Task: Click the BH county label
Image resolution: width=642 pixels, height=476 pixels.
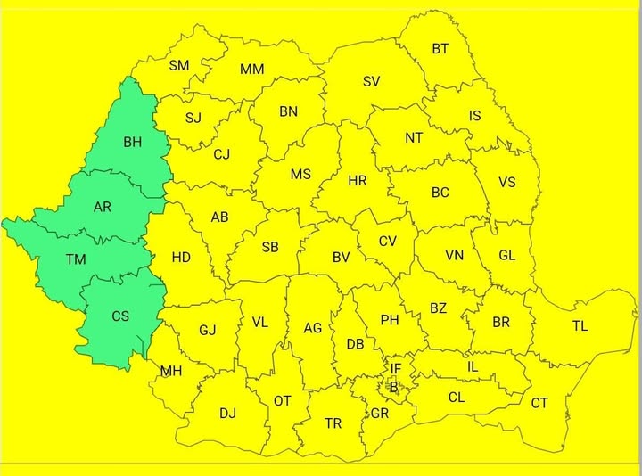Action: pyautogui.click(x=132, y=142)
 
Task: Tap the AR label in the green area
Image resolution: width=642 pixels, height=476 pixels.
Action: pyautogui.click(x=103, y=207)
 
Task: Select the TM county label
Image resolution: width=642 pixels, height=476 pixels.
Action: pyautogui.click(x=76, y=259)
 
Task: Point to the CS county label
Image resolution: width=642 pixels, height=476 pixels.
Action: pyautogui.click(x=120, y=316)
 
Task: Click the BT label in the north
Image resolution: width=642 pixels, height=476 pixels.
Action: pyautogui.click(x=440, y=49)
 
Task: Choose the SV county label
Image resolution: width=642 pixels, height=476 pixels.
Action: pyautogui.click(x=372, y=81)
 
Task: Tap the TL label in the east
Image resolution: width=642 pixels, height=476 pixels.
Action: pyautogui.click(x=580, y=325)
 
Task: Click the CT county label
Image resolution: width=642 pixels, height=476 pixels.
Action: pyautogui.click(x=539, y=403)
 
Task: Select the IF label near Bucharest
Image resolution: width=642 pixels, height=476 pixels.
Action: pyautogui.click(x=396, y=368)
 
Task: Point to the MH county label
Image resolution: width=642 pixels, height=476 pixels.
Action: pyautogui.click(x=171, y=370)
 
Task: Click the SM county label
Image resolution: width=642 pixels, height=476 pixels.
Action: pyautogui.click(x=179, y=65)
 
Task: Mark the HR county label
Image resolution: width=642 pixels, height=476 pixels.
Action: pyautogui.click(x=358, y=180)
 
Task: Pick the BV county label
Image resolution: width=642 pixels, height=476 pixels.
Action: pyautogui.click(x=341, y=257)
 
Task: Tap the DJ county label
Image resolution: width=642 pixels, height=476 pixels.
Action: pyautogui.click(x=228, y=413)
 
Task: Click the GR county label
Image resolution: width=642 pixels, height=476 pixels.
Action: pyautogui.click(x=380, y=414)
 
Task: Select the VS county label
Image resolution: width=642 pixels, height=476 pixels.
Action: pyautogui.click(x=506, y=182)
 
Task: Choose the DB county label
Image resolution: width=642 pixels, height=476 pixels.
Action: pyautogui.click(x=355, y=344)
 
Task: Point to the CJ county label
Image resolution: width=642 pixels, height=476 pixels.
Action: pyautogui.click(x=222, y=153)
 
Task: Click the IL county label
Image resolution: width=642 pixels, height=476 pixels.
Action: pyautogui.click(x=473, y=365)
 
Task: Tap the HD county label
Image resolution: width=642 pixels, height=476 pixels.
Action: pyautogui.click(x=181, y=258)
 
